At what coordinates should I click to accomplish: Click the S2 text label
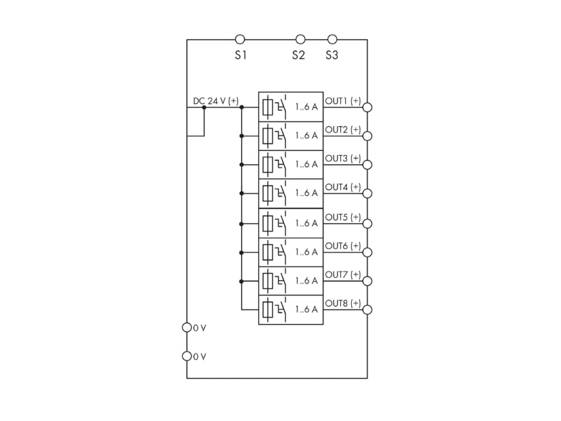[299, 55]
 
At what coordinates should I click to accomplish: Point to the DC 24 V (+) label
[216, 101]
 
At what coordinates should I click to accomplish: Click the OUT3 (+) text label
[343, 159]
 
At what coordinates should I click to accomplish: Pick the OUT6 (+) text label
[343, 246]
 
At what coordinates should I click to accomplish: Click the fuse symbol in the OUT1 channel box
[268, 107]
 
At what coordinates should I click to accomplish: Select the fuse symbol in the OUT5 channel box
[268, 224]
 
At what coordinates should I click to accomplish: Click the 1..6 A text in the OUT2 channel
[306, 135]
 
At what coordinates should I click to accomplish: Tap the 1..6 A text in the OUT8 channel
[306, 309]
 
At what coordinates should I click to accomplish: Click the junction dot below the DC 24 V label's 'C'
[204, 107]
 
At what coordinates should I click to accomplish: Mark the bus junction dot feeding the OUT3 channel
[241, 165]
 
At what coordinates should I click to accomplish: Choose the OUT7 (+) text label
[343, 274]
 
